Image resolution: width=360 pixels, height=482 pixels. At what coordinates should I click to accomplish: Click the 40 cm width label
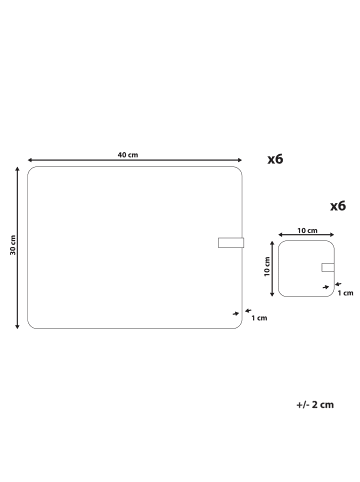pyautogui.click(x=128, y=155)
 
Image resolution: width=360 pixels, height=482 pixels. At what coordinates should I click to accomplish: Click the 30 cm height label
pyautogui.click(x=13, y=245)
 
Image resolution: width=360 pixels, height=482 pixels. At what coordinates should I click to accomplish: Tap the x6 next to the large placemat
pyautogui.click(x=275, y=159)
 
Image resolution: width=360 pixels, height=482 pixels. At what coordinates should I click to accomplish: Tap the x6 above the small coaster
pyautogui.click(x=338, y=206)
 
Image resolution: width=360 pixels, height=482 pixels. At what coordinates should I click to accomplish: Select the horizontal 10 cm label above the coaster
pyautogui.click(x=307, y=230)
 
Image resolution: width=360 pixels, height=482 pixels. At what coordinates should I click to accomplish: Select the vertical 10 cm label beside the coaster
pyautogui.click(x=267, y=266)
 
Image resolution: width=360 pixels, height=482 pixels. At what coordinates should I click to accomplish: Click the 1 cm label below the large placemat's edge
pyautogui.click(x=259, y=318)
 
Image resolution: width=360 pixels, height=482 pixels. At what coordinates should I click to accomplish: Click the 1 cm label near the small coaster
pyautogui.click(x=345, y=293)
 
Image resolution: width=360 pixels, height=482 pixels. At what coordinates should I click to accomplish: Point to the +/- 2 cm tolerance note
pyautogui.click(x=315, y=405)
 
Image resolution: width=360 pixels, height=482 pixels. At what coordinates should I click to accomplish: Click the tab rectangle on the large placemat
pyautogui.click(x=231, y=243)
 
